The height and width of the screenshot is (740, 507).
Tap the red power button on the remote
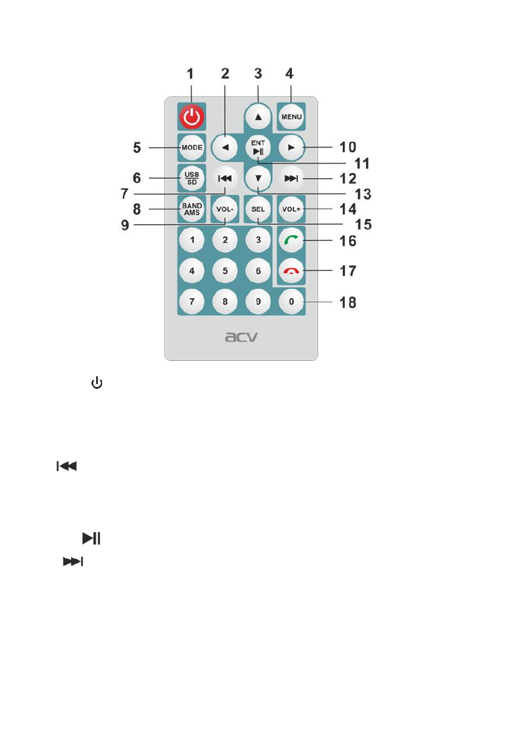pos(192,117)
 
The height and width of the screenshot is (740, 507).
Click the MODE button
pos(192,148)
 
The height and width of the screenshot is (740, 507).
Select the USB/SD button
pos(192,177)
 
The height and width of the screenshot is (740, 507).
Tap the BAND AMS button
pos(192,209)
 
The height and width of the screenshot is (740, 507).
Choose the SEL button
pos(258,209)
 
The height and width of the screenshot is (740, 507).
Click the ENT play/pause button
pos(258,148)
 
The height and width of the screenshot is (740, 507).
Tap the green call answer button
pos(291,240)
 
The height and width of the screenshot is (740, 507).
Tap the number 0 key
pos(291,303)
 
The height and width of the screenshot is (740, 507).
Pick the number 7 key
pos(192,303)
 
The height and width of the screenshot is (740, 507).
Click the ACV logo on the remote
pos(240,337)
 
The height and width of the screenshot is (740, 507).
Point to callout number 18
pos(347,303)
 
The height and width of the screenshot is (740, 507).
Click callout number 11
pos(361,164)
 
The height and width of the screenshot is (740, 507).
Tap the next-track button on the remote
pos(291,178)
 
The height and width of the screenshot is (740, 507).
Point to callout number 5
pos(138,148)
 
